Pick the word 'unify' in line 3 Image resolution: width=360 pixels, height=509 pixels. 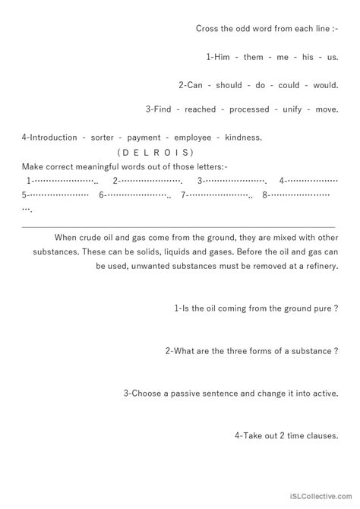click(292, 110)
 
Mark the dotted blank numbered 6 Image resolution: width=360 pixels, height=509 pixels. click(137, 195)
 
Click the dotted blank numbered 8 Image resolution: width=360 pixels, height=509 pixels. click(303, 195)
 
